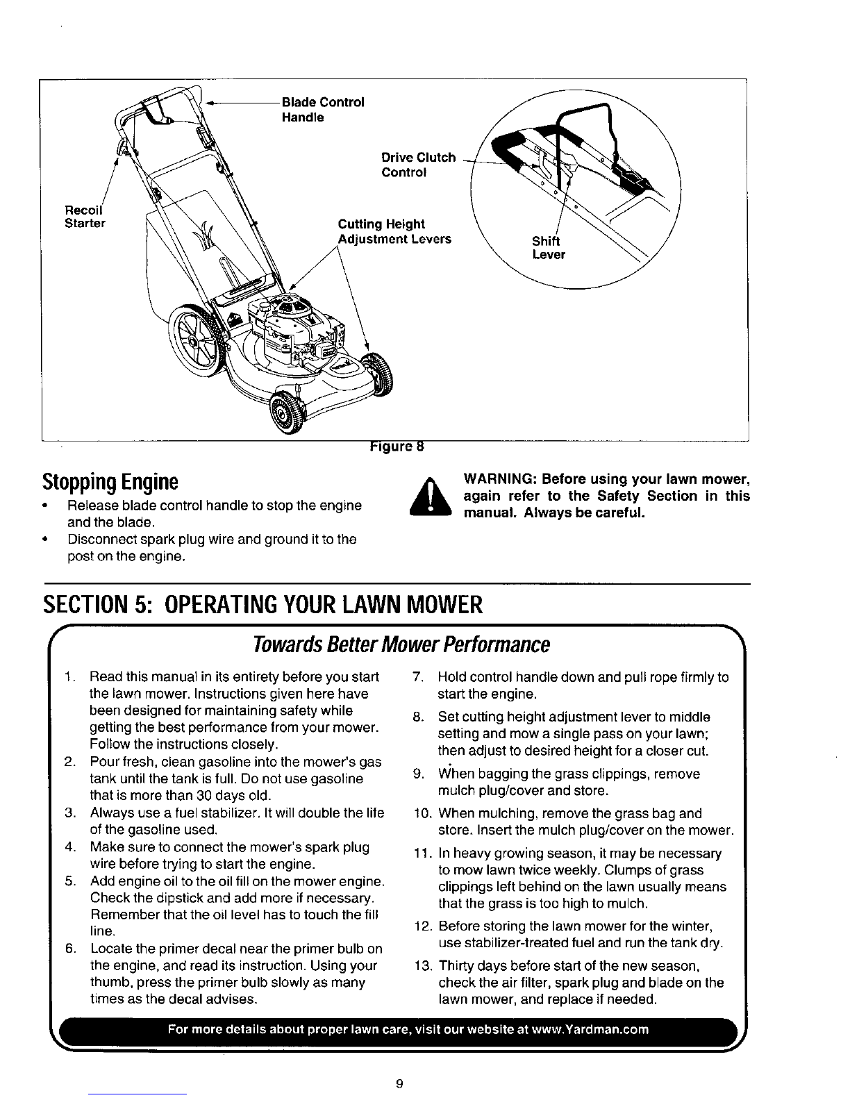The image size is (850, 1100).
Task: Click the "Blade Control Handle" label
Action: coord(322,109)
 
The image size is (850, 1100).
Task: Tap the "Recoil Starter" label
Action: coord(85,216)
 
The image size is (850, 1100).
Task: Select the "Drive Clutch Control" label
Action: coord(418,165)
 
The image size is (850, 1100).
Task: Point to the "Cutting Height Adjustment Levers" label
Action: coord(394,231)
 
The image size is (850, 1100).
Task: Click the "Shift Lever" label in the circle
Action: coord(549,247)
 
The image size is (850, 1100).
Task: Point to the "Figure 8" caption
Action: coord(397,446)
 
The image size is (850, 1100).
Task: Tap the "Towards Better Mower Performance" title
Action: coord(401,644)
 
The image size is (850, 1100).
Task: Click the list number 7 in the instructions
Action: coord(417,677)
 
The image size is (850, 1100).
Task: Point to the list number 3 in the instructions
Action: coord(70,812)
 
